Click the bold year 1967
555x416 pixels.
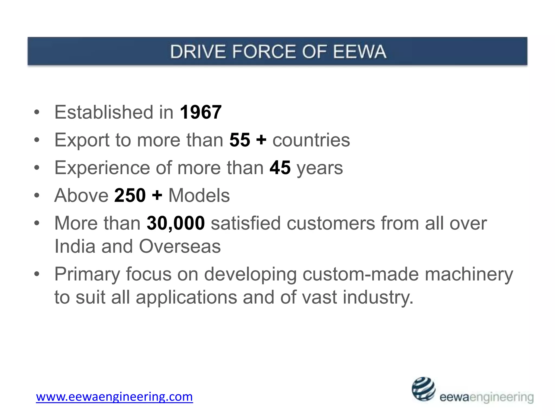[201, 112]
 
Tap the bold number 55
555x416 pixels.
[240, 140]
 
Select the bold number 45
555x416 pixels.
[280, 168]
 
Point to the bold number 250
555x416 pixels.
[130, 195]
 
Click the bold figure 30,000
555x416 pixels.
[176, 223]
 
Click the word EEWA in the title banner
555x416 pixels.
[359, 51]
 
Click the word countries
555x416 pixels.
[311, 140]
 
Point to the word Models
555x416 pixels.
[199, 195]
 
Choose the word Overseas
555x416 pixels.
[180, 246]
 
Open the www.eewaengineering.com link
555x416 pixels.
[114, 397]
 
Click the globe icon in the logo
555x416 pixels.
[423, 389]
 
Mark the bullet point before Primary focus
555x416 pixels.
[37, 274]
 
